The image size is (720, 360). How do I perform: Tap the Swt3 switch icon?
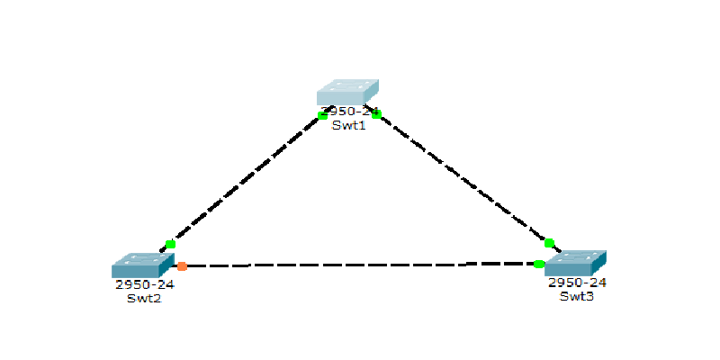point(576,263)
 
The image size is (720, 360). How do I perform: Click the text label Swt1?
point(348,125)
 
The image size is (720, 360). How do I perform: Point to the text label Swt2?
point(144,298)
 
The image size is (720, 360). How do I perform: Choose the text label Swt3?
point(576,296)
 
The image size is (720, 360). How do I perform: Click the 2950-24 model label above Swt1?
point(349,112)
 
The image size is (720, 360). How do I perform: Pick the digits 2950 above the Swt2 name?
point(132,284)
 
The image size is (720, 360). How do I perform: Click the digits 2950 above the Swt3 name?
point(564,283)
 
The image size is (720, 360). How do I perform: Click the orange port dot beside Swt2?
point(182,266)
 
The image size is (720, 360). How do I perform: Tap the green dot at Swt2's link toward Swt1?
point(171,244)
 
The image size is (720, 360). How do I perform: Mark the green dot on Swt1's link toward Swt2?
point(323,115)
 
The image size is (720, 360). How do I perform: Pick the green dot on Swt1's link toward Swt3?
point(376,113)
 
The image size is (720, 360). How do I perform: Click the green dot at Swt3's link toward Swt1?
point(549,243)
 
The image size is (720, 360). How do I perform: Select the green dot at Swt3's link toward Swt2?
point(538,264)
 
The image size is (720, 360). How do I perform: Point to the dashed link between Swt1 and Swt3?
point(463,178)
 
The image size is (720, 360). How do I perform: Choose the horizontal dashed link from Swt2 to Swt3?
point(360,265)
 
